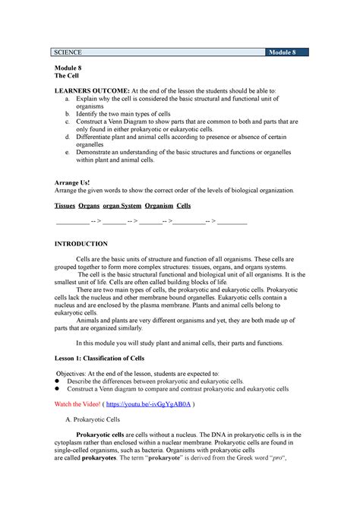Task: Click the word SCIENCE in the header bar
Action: pos(67,52)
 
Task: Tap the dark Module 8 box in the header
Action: pos(287,52)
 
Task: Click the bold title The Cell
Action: pos(63,77)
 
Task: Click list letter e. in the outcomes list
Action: pos(69,153)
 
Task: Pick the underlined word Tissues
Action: pos(65,206)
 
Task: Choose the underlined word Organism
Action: pos(155,206)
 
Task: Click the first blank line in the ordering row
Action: pos(72,223)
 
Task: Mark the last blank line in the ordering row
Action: pos(232,223)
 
